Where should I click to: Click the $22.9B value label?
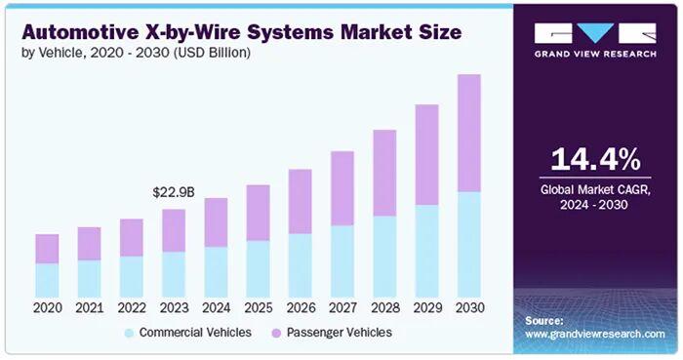174,192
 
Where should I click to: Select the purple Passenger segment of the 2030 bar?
469,134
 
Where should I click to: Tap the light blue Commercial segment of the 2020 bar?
47,280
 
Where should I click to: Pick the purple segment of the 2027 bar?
342,188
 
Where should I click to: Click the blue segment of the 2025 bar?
258,269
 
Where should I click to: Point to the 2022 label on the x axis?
132,308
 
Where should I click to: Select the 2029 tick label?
427,308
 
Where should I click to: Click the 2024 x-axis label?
216,308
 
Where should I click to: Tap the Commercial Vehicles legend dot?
129,334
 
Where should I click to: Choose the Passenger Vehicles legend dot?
276,334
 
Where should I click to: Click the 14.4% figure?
595,159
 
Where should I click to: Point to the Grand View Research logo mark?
595,33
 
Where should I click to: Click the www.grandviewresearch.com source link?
595,335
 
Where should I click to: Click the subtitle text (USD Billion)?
213,53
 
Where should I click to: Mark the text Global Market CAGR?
595,190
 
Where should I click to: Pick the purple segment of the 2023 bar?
174,230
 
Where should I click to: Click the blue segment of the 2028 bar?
384,257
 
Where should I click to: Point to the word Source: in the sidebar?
543,321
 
